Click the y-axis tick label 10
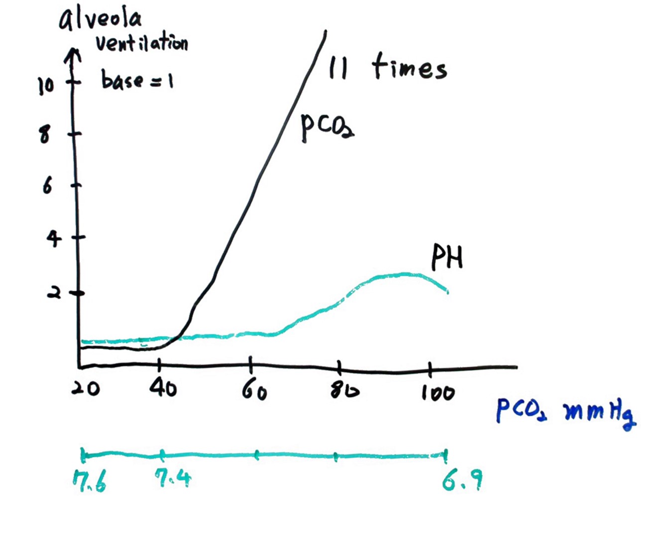(45, 86)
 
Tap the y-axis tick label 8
(45, 134)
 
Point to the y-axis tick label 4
(54, 239)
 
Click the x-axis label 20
(85, 388)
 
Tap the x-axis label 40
(163, 388)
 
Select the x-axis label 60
(254, 391)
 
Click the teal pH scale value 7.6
(90, 481)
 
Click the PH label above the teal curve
(447, 257)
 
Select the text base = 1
(137, 80)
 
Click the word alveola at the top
(100, 19)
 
